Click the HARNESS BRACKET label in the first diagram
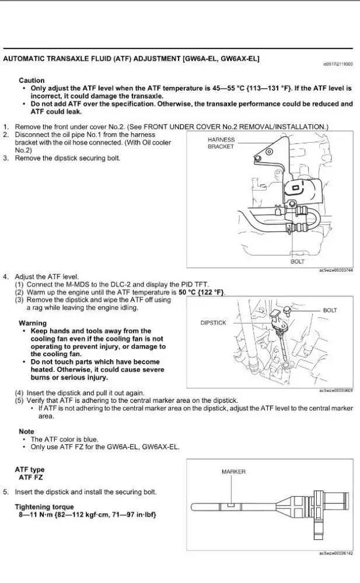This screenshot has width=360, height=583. (221, 143)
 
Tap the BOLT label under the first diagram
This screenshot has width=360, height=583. (297, 262)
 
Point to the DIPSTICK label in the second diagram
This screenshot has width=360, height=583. (213, 322)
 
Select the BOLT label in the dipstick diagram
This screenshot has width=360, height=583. (330, 310)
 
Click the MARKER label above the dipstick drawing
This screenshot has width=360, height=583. (233, 472)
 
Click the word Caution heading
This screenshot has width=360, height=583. (32, 80)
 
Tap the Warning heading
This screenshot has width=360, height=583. (33, 323)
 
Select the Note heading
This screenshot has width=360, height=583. (26, 431)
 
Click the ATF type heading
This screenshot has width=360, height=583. (29, 469)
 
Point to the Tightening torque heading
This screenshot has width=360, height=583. (44, 507)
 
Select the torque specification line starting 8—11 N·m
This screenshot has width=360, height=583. (85, 515)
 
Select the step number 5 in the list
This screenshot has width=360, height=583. (5, 492)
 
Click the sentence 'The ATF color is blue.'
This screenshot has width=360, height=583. (64, 439)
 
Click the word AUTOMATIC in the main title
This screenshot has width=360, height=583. (25, 59)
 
